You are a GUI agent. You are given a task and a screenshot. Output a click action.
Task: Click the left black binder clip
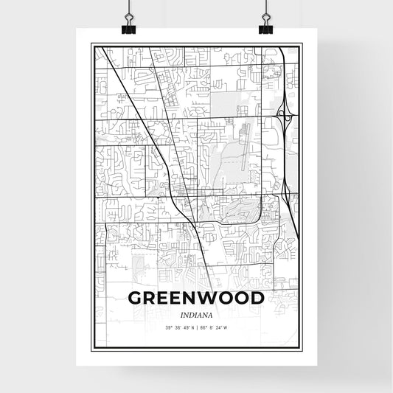128,28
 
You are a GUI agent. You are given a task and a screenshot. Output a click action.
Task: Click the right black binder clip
265,28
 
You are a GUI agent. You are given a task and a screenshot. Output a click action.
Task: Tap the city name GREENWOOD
196,299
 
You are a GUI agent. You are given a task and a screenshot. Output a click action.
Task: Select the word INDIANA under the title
196,315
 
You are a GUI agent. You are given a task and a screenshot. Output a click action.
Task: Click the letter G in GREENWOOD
136,299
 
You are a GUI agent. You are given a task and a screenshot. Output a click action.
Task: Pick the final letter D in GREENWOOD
257,299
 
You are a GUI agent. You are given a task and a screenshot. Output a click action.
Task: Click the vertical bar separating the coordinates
197,328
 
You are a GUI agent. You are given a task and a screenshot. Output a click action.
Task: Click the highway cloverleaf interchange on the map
284,116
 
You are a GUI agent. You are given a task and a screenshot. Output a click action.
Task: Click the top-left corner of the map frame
91,44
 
